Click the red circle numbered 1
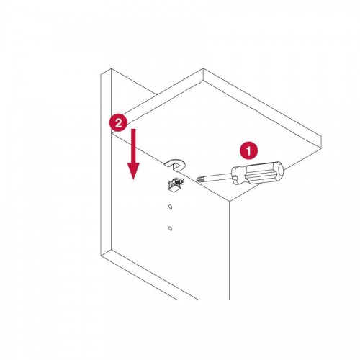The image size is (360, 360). click(x=248, y=151)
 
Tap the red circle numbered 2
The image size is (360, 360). click(x=119, y=122)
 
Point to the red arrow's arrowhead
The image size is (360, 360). click(x=133, y=171)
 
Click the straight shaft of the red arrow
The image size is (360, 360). click(x=133, y=146)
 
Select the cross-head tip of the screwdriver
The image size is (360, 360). click(x=199, y=179)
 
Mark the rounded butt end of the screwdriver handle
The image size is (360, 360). click(x=280, y=170)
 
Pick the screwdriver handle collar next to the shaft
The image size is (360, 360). click(x=236, y=176)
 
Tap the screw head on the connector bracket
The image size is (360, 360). click(x=182, y=183)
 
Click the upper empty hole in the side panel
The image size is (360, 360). click(x=171, y=207)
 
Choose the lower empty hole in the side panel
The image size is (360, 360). click(x=171, y=228)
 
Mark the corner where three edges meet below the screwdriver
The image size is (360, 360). click(x=229, y=201)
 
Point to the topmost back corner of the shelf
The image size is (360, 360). click(x=203, y=68)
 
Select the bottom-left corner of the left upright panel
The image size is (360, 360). click(x=101, y=255)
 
